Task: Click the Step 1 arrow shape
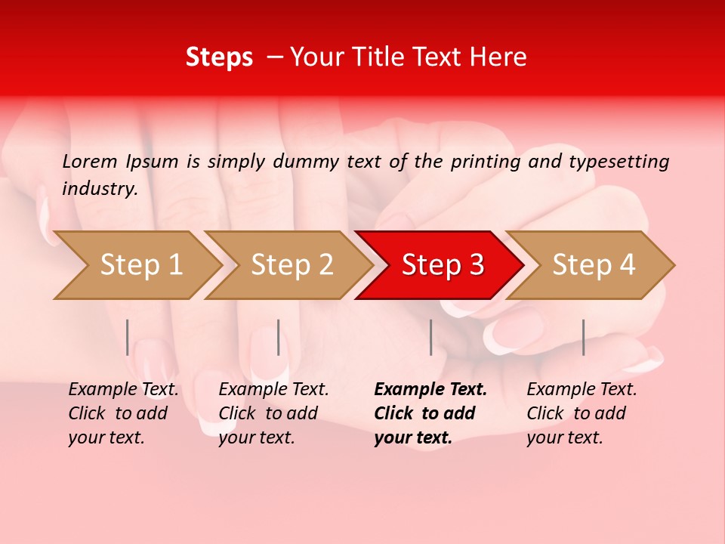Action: click(140, 265)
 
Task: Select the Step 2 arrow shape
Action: click(291, 265)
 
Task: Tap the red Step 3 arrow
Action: click(442, 265)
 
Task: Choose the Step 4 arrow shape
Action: click(593, 265)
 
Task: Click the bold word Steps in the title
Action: click(219, 57)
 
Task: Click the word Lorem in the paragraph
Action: click(90, 161)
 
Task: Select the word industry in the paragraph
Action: click(99, 189)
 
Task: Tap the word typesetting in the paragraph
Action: click(619, 162)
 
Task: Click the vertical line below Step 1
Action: click(127, 337)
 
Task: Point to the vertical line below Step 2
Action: click(279, 337)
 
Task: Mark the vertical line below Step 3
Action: click(430, 337)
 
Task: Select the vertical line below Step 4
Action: click(583, 337)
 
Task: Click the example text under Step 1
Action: click(123, 413)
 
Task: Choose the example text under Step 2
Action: click(273, 413)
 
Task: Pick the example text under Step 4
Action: click(582, 413)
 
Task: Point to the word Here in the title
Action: click(499, 57)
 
